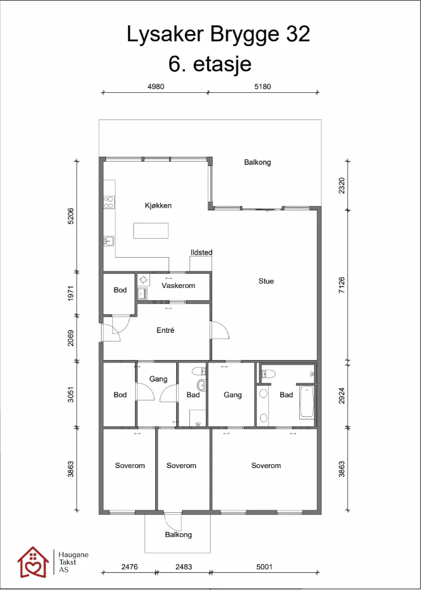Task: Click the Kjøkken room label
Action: point(158,206)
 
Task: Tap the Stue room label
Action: point(266,281)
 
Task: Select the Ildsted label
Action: point(201,253)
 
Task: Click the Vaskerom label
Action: point(178,286)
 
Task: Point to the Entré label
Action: point(166,330)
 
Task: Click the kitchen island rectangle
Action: point(151,231)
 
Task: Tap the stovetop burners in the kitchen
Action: point(109,202)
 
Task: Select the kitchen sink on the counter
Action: point(109,241)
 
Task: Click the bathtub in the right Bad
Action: point(306,402)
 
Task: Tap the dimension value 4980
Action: point(156,87)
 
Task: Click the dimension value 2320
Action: point(341,186)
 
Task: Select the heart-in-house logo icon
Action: point(33,562)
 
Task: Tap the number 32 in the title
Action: point(298,35)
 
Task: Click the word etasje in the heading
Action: point(222,64)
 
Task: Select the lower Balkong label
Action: point(178,534)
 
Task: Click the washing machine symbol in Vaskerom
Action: point(143,280)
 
